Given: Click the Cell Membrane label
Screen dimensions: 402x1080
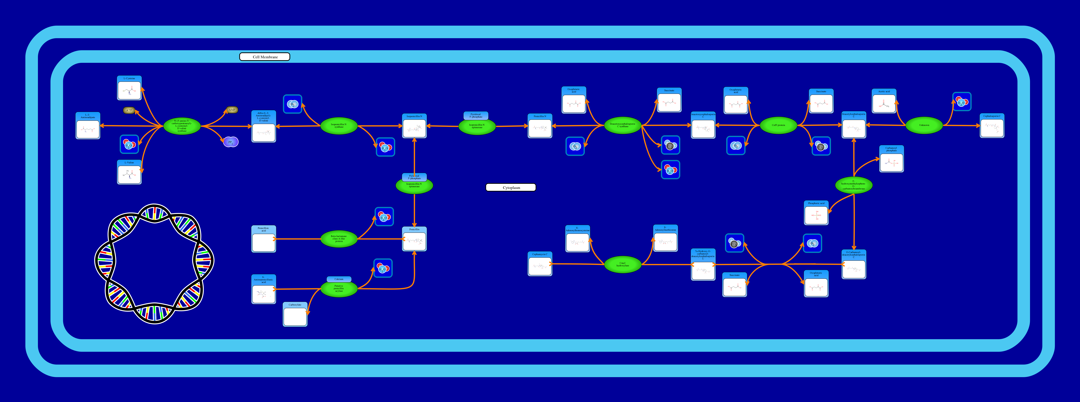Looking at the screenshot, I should (x=265, y=57).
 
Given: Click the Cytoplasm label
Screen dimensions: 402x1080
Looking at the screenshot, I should (x=511, y=187).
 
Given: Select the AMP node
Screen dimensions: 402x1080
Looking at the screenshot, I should (x=232, y=110).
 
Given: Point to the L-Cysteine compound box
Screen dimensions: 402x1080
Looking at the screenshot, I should (x=129, y=88).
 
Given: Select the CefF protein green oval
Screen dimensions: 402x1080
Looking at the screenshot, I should (x=778, y=125).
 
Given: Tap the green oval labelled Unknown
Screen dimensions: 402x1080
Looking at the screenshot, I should (x=924, y=125).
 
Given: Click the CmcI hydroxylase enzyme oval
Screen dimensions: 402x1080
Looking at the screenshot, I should (x=623, y=264).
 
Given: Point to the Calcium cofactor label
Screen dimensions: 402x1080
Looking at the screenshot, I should (x=339, y=279).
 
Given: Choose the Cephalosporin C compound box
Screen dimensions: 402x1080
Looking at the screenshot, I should (x=992, y=126).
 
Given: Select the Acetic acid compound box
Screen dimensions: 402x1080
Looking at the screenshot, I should (x=884, y=101).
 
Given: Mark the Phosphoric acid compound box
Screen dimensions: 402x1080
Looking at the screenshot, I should (x=816, y=213).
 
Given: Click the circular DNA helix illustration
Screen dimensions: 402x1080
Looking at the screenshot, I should (x=154, y=264).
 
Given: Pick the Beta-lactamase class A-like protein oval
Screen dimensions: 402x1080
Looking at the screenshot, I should (x=339, y=239).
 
